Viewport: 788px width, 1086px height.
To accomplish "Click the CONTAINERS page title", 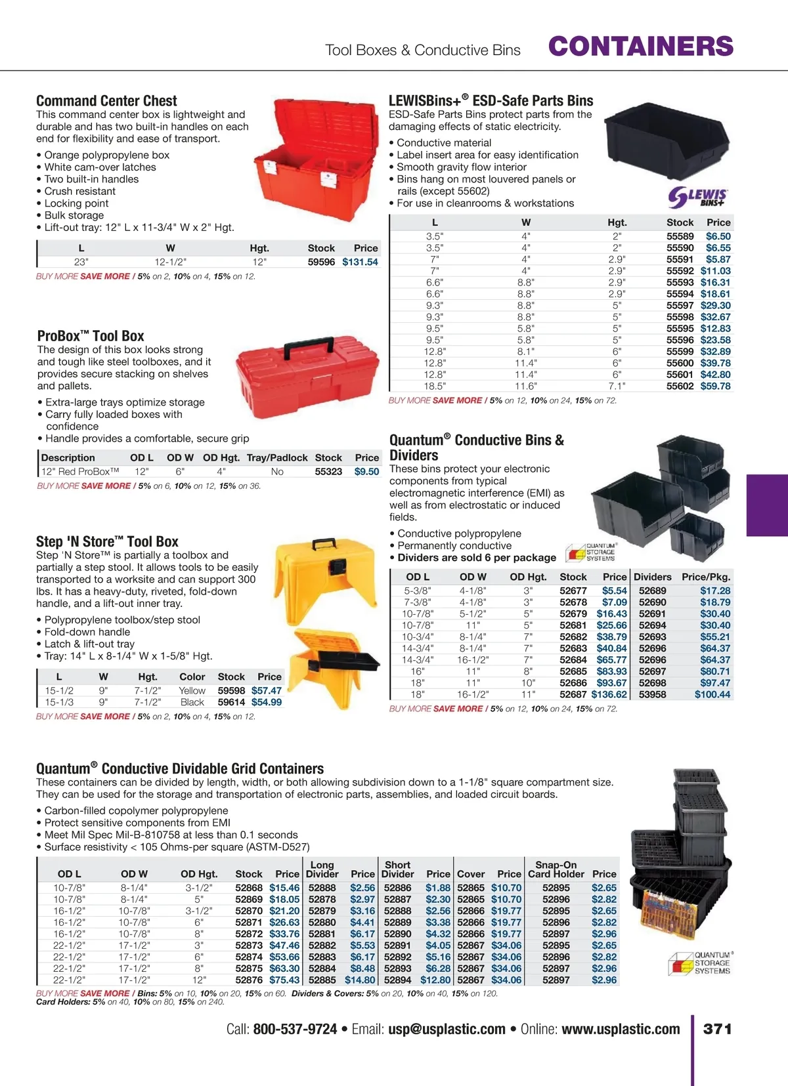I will click(x=640, y=47).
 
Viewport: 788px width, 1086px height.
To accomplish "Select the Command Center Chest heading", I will click(x=106, y=101).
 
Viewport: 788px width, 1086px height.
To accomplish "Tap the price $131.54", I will click(x=360, y=262).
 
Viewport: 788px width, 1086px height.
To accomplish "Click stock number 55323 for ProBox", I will click(x=328, y=471).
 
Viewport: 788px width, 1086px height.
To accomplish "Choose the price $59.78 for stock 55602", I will click(x=715, y=386).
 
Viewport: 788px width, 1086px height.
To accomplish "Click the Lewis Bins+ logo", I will click(x=697, y=197).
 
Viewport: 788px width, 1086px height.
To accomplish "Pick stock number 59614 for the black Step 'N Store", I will click(x=231, y=702).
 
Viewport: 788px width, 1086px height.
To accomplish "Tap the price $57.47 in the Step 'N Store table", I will click(x=267, y=690).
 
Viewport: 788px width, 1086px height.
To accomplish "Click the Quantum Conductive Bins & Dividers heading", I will click(x=476, y=448).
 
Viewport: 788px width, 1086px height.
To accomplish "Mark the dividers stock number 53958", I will click(x=652, y=694).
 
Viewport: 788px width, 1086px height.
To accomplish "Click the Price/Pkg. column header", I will click(x=706, y=577).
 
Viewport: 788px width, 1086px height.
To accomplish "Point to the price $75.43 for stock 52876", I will click(x=284, y=980).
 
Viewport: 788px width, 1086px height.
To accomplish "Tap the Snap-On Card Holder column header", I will click(x=556, y=869).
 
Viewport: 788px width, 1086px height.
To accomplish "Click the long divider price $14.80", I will click(x=360, y=980).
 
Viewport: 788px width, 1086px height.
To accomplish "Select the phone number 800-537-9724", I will click(x=295, y=1029).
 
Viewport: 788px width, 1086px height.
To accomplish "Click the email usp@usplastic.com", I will click(x=447, y=1029).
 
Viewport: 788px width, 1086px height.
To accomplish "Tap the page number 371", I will click(x=717, y=1029).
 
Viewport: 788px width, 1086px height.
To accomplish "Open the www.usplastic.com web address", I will click(x=621, y=1029).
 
